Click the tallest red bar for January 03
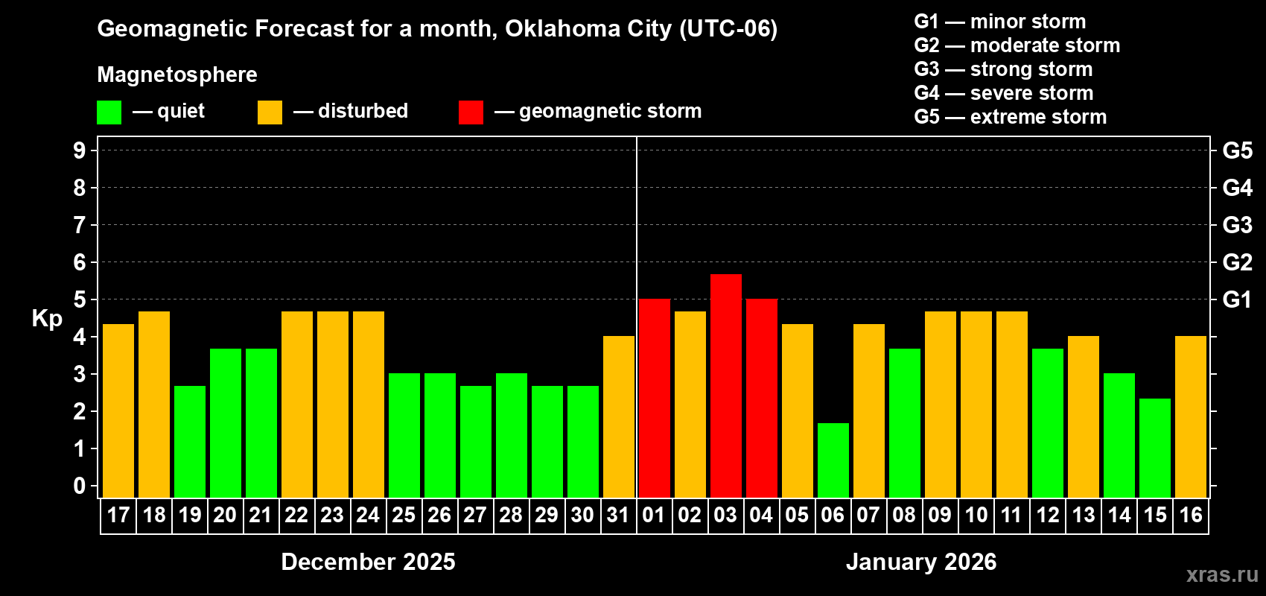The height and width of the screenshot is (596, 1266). click(x=725, y=386)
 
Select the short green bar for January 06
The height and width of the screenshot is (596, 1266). click(x=833, y=460)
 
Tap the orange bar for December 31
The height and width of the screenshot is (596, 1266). click(x=618, y=417)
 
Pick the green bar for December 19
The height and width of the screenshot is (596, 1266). click(x=189, y=442)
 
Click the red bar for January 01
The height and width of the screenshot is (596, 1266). click(x=654, y=399)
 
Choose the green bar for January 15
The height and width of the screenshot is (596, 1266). click(x=1154, y=448)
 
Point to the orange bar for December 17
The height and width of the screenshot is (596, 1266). click(x=118, y=410)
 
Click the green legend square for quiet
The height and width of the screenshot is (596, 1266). click(x=109, y=112)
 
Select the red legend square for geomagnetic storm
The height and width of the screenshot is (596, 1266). click(x=471, y=112)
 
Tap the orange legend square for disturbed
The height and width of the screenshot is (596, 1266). click(x=270, y=112)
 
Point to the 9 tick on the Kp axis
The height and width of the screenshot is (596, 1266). click(x=80, y=150)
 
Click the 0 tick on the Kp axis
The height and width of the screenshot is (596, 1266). click(x=80, y=486)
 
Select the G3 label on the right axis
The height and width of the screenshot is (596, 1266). click(x=1237, y=225)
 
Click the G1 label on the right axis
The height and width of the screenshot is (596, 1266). click(x=1237, y=299)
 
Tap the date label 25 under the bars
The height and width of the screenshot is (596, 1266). click(x=404, y=516)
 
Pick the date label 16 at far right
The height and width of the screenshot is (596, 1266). click(x=1190, y=516)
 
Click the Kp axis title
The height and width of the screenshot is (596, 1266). click(x=47, y=319)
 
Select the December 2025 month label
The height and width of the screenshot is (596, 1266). click(x=368, y=562)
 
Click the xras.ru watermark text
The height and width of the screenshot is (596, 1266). click(x=1221, y=574)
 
